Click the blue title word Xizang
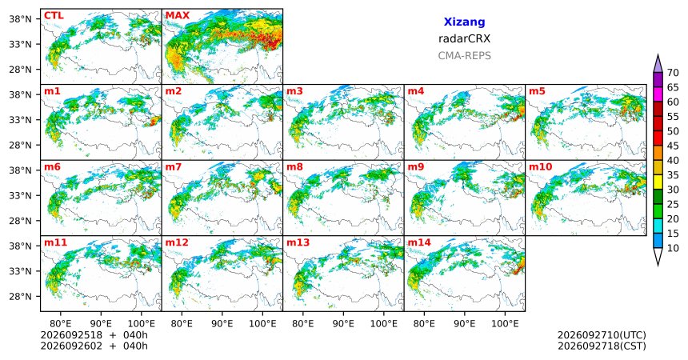coord(464,22)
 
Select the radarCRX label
coord(464,38)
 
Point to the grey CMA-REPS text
coord(464,56)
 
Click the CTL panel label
coord(54,15)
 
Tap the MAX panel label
coord(178,15)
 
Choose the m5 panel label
coord(537,91)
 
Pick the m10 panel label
coord(540,167)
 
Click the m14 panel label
coord(419,242)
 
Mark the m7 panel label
coord(174,167)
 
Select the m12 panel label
coord(177,242)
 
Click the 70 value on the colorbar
coord(673,73)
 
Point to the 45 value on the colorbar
coord(673,146)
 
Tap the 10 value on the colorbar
coord(673,248)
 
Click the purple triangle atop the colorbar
coord(658,64)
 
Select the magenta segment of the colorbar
coord(658,94)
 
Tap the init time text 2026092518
coord(71,335)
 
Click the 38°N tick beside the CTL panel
coord(21,19)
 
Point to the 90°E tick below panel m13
coord(343,324)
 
